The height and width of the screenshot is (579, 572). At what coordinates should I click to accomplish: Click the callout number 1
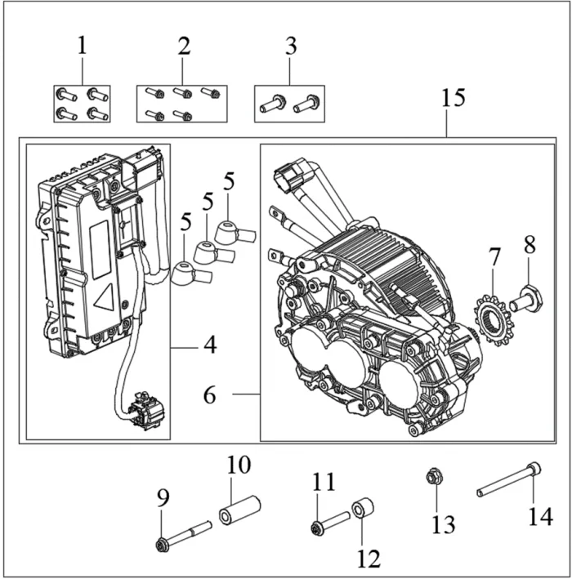82,45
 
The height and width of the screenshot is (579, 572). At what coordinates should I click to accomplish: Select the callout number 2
184,45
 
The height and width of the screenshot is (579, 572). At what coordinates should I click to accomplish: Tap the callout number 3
290,45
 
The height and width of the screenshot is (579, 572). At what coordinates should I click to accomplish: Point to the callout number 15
453,99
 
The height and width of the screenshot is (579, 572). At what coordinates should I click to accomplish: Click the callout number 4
210,345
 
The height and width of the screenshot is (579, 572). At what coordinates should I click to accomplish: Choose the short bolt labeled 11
331,520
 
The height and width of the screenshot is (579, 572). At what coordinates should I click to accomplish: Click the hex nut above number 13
434,475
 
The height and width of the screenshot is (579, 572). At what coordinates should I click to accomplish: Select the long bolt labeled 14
507,480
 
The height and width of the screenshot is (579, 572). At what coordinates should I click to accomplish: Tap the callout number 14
540,515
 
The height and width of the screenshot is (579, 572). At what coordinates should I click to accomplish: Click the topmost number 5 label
229,180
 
